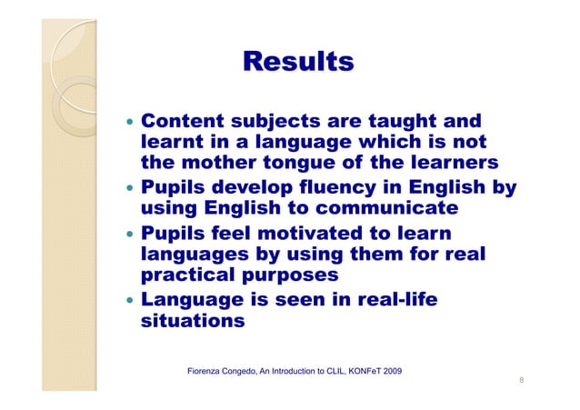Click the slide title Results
coord(297,62)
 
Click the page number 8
coord(521,382)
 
